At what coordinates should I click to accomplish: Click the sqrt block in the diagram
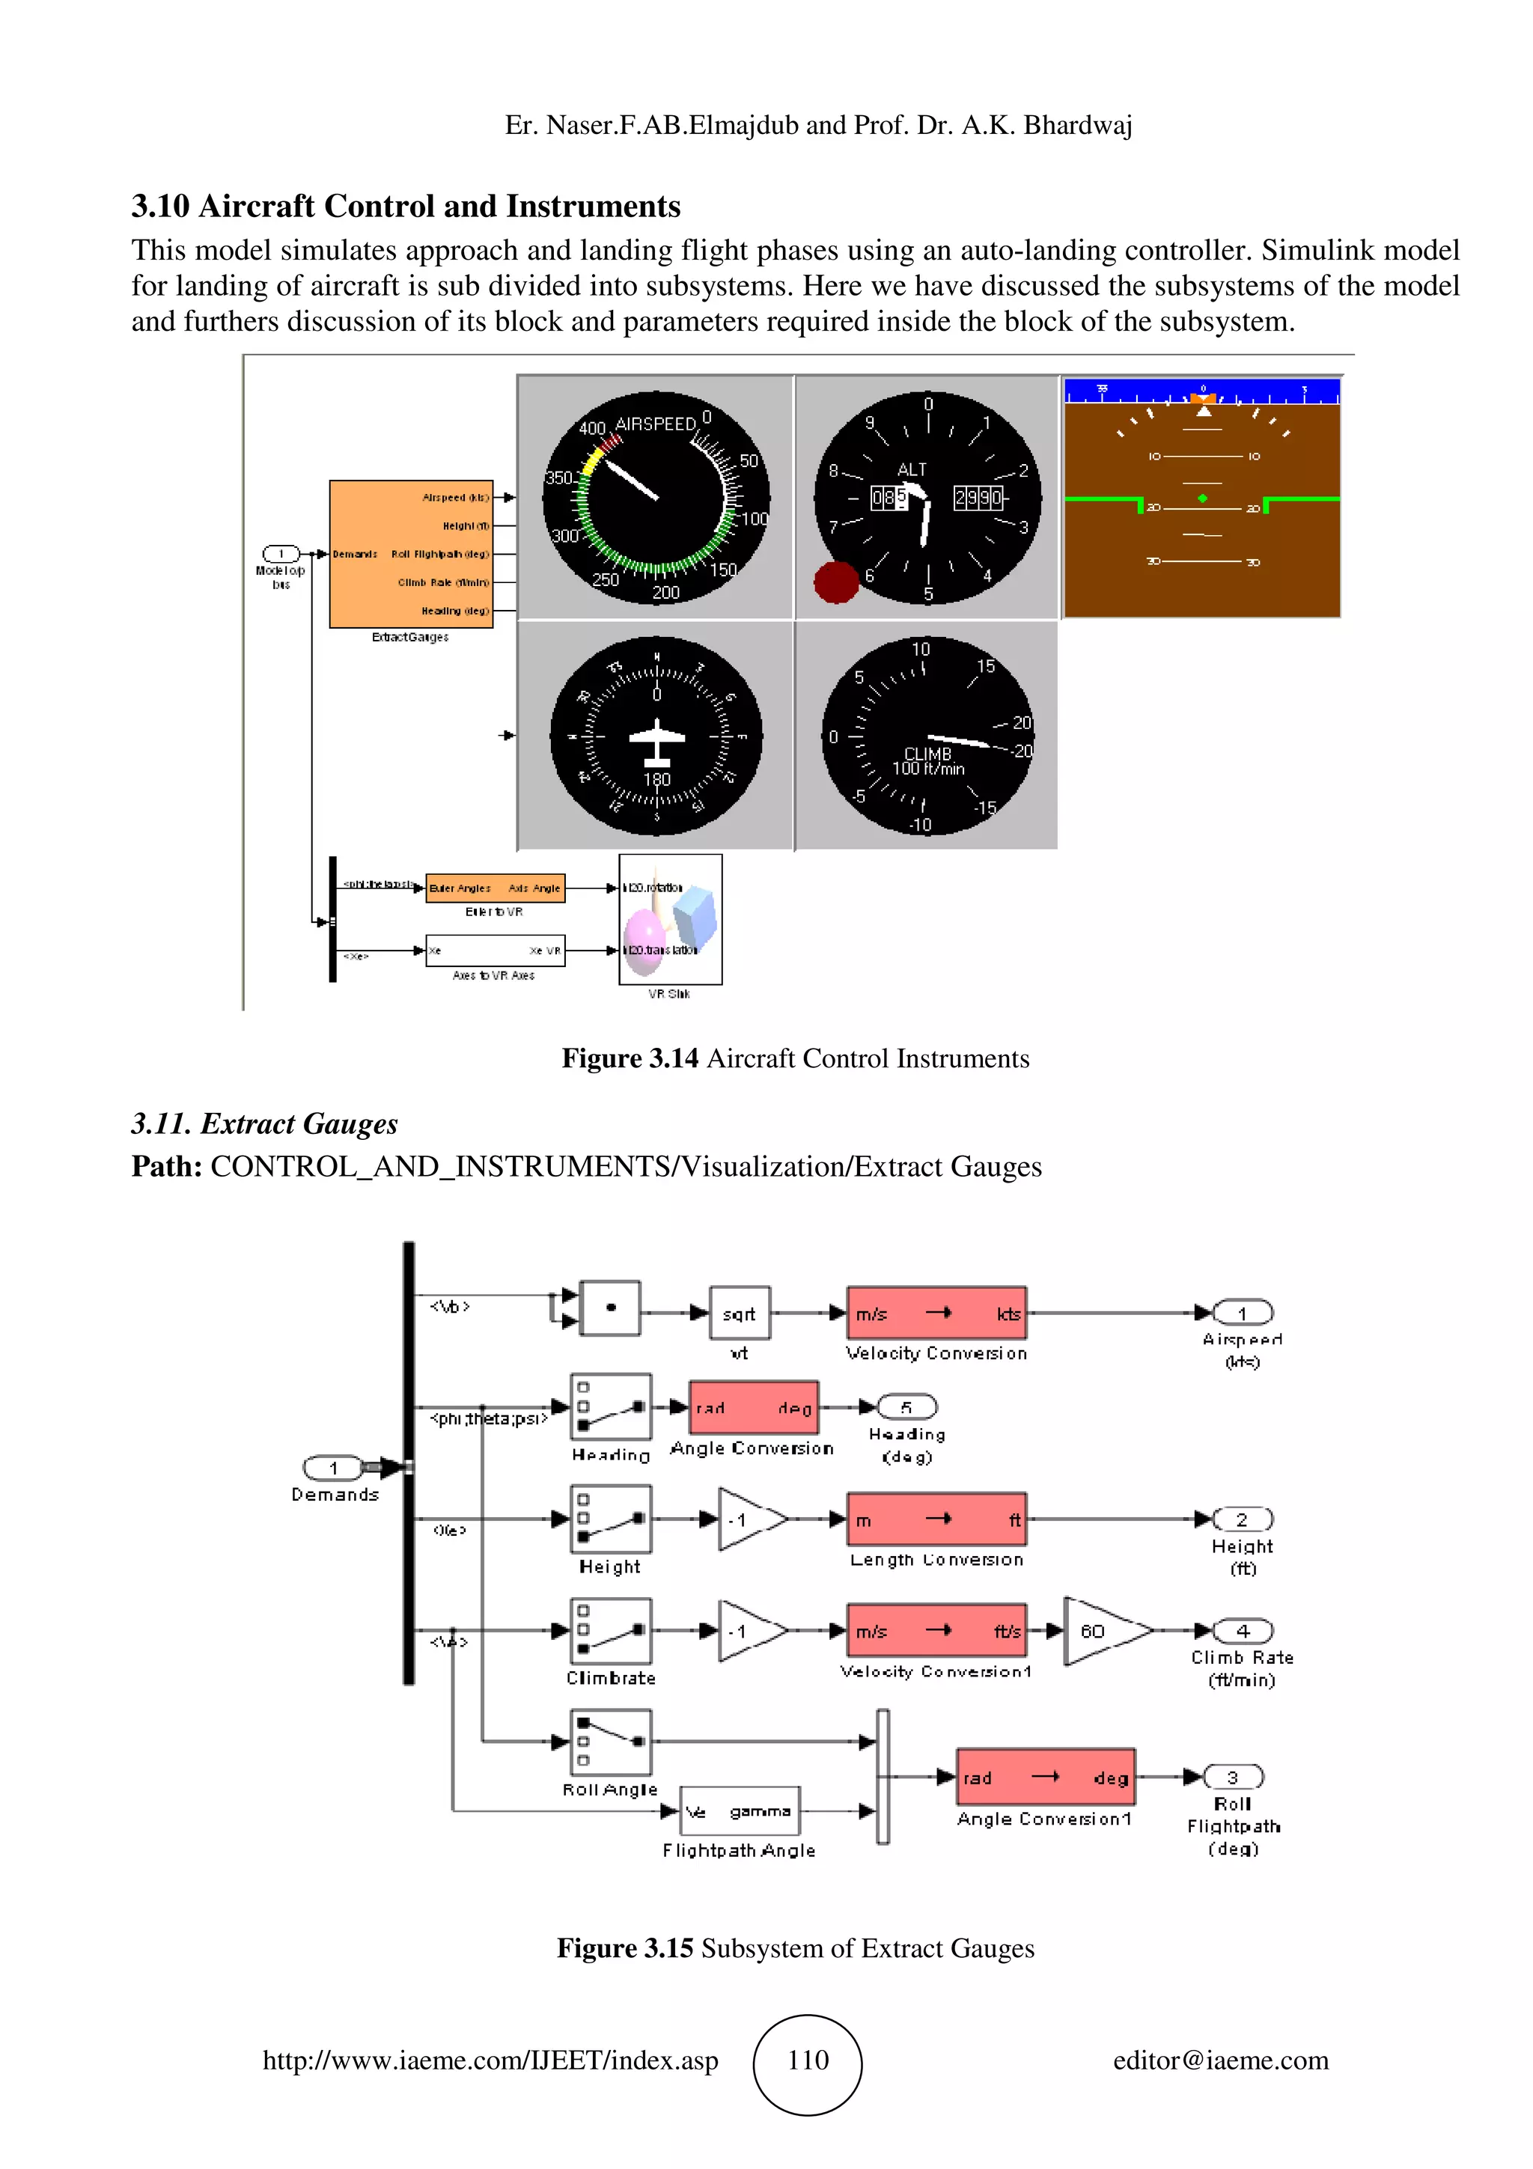tap(739, 1312)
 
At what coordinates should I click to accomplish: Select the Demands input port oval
tap(332, 1467)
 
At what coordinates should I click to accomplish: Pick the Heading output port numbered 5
tap(906, 1406)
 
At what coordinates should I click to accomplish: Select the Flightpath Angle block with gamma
tap(739, 1811)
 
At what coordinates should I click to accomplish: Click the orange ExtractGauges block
tap(411, 554)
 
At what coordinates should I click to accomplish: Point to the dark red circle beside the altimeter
tap(836, 582)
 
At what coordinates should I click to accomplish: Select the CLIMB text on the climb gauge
tap(927, 753)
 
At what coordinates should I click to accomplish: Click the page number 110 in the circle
tap(808, 2060)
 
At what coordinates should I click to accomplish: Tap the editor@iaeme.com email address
tap(1219, 2060)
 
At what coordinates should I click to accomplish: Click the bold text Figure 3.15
tap(624, 1948)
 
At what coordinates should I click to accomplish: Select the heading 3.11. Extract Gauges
tap(263, 1123)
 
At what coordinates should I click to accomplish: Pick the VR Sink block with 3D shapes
tap(670, 919)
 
